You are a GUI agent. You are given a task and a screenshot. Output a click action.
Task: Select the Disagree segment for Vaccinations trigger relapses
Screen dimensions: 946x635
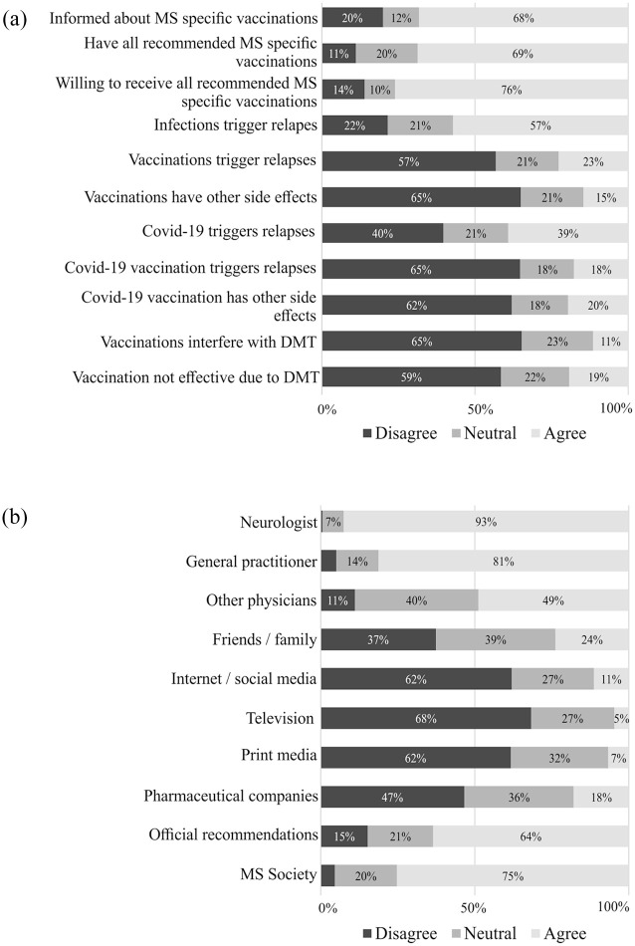[408, 161]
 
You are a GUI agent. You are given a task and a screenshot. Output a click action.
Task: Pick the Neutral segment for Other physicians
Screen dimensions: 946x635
[416, 600]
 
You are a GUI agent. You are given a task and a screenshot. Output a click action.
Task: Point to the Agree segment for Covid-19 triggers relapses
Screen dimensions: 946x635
[567, 232]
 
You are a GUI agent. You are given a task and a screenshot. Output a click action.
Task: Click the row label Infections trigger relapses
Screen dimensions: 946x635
[236, 124]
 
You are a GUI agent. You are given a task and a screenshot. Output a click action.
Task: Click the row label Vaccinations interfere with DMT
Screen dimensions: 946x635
[209, 342]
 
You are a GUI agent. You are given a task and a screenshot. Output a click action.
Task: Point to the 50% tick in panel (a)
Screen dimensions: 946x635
[474, 408]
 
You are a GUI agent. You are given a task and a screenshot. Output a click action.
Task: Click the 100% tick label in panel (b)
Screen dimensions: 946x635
[614, 907]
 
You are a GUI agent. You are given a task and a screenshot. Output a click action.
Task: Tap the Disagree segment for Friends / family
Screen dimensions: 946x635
[378, 639]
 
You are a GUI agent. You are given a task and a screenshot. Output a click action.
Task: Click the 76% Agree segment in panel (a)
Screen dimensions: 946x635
[512, 90]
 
